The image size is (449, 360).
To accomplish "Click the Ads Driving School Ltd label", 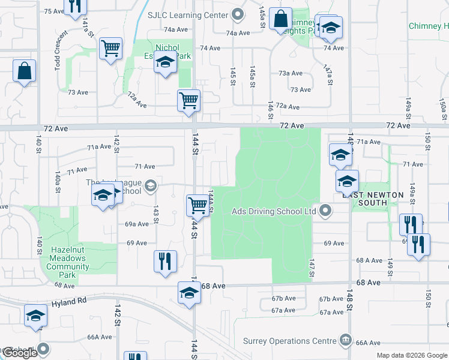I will pyautogui.click(x=274, y=211).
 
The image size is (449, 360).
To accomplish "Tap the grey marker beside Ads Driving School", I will pyautogui.click(x=326, y=211).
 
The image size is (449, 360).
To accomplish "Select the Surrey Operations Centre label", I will pyautogui.click(x=289, y=341).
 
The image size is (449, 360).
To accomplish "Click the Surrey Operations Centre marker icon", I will pyautogui.click(x=345, y=341).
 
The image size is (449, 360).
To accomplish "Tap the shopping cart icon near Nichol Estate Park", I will pyautogui.click(x=111, y=48).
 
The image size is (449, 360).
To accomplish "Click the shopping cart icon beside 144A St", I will pyautogui.click(x=197, y=205).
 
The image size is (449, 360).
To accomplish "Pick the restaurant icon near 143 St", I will pyautogui.click(x=165, y=260).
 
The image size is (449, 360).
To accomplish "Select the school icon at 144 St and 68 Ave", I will pyautogui.click(x=189, y=293).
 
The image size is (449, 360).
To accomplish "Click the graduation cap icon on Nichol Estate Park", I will pyautogui.click(x=165, y=62).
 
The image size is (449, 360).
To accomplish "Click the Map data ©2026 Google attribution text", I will pyautogui.click(x=412, y=355).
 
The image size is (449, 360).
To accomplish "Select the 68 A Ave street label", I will pyautogui.click(x=369, y=260).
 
